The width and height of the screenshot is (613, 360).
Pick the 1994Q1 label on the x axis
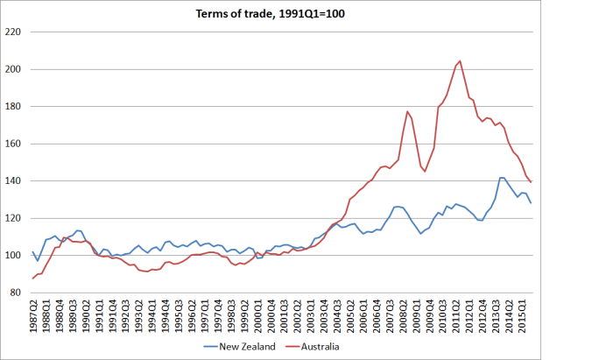(x=151, y=316)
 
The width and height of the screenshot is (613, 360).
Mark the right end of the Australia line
(x=531, y=182)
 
